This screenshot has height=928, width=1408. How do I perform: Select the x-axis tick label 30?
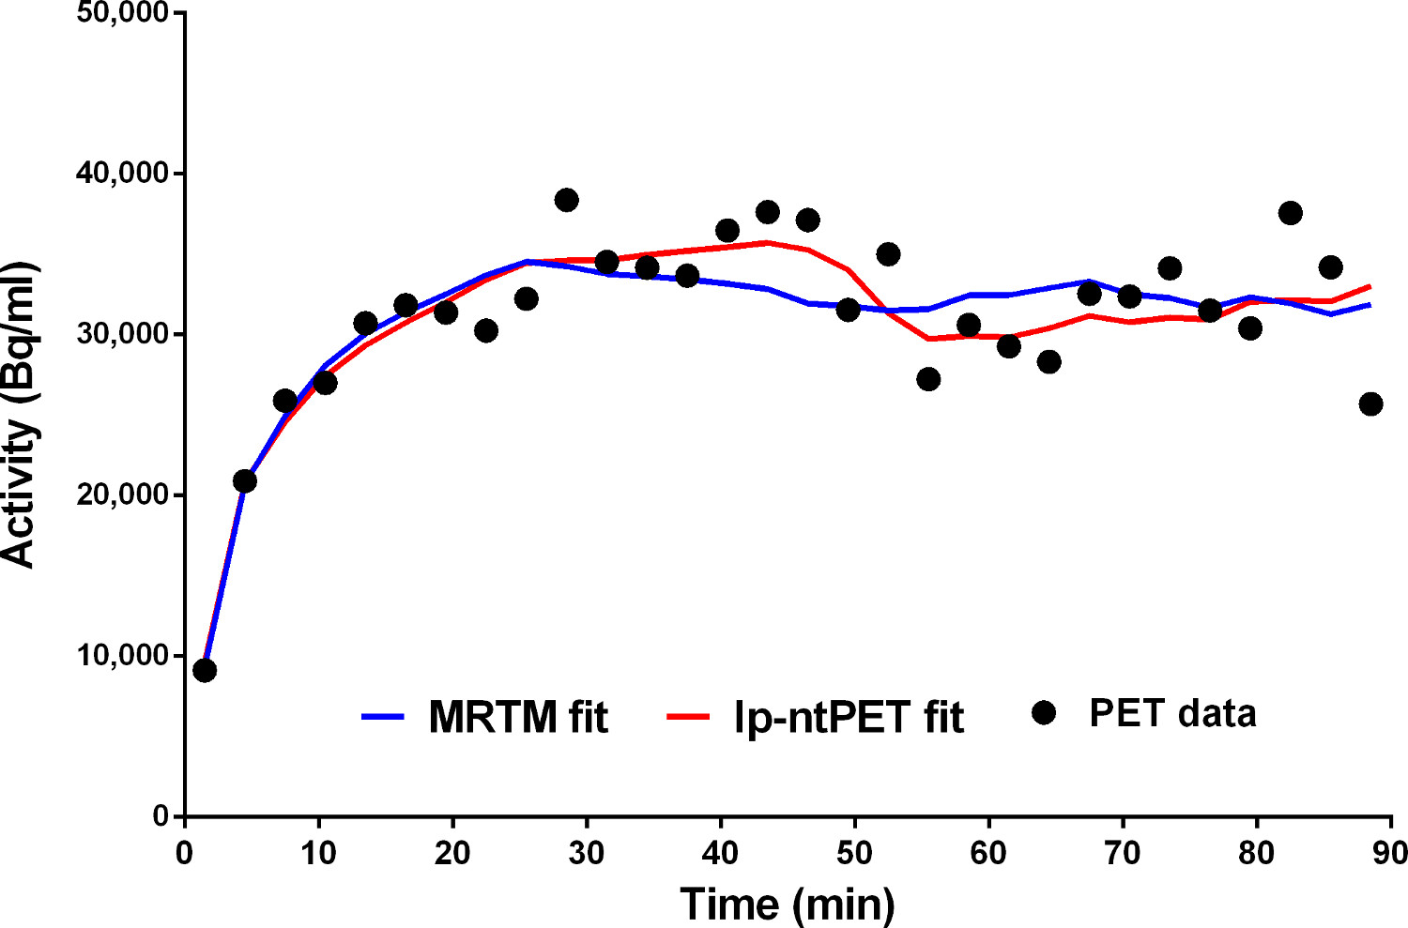[587, 853]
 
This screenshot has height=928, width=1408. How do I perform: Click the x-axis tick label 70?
[1123, 853]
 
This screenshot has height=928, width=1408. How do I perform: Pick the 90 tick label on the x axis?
[1390, 853]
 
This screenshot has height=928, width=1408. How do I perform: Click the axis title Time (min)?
[787, 904]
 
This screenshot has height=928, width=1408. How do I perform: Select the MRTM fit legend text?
[518, 718]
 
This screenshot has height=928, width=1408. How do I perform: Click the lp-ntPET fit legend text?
[849, 718]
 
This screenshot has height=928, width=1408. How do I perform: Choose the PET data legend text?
[1172, 714]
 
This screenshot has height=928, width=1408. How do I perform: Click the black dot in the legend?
[1043, 713]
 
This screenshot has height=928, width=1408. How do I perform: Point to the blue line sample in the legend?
[382, 717]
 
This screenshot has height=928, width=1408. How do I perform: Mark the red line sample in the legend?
[687, 717]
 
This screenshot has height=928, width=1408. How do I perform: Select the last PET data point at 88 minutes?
[1370, 404]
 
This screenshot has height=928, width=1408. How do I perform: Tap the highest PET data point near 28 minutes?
[566, 200]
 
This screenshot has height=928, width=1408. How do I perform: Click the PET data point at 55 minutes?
[928, 379]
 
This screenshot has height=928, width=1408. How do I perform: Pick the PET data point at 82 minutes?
[1290, 213]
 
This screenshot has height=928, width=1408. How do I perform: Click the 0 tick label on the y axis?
[161, 816]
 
